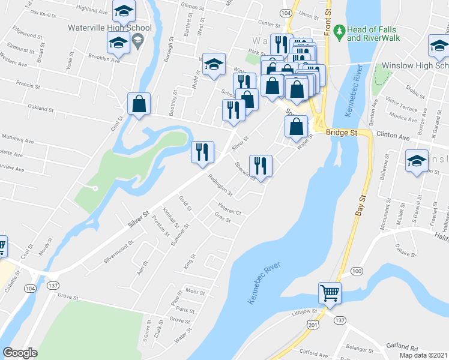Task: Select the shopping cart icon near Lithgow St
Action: (x=330, y=293)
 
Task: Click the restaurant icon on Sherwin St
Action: (x=261, y=166)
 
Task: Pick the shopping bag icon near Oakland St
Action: (x=139, y=104)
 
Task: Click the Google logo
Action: (x=20, y=353)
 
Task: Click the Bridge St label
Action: (x=342, y=131)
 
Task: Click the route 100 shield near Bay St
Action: (x=357, y=272)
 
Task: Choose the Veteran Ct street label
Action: (x=229, y=212)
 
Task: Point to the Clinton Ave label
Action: (x=393, y=137)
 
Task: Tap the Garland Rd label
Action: (x=403, y=347)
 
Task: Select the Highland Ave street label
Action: (x=95, y=11)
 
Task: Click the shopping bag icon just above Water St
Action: (x=296, y=127)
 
